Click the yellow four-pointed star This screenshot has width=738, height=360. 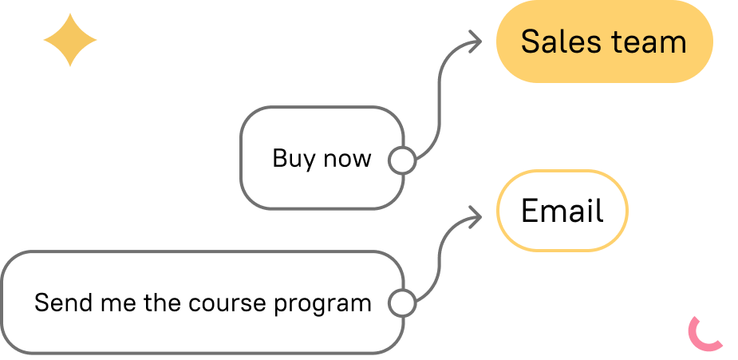70,40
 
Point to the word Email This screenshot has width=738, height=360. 562,211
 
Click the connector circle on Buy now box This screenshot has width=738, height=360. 402,160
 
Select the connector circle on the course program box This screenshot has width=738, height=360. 402,303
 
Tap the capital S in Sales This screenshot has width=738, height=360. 530,42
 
